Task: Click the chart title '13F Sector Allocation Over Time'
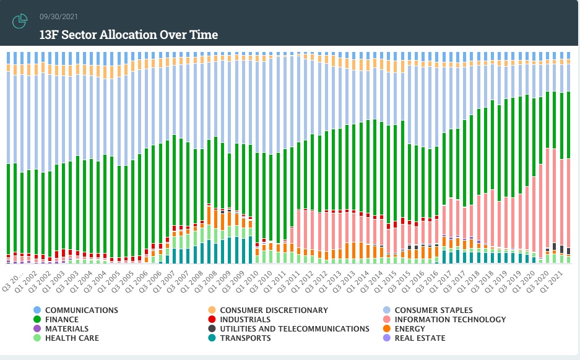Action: [128, 35]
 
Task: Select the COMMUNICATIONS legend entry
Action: [81, 310]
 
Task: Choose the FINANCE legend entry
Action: [62, 320]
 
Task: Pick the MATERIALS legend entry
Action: [67, 329]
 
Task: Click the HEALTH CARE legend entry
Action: [72, 338]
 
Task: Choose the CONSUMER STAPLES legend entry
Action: [433, 310]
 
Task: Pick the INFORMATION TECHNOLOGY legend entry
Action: [450, 320]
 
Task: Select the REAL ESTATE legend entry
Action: [420, 338]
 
